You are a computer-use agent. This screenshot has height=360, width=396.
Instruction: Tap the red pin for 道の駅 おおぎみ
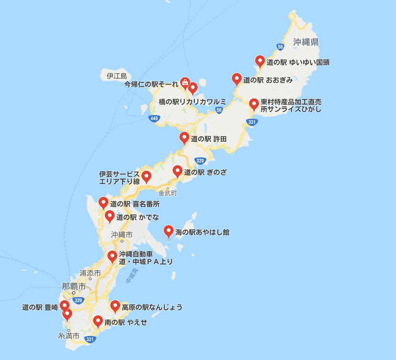coord(237,79)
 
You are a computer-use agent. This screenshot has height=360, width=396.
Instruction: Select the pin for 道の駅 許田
coord(184,139)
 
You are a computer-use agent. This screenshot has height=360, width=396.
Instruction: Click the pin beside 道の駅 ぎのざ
coord(178,171)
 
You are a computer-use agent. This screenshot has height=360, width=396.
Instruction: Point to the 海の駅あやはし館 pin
coord(169,232)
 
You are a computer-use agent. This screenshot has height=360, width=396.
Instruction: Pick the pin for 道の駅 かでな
coord(110,217)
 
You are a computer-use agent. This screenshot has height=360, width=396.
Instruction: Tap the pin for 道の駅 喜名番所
coord(103,203)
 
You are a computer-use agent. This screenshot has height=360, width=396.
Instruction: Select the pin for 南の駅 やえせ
coord(98,322)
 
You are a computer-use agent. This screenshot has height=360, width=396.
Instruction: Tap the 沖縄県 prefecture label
coord(306,42)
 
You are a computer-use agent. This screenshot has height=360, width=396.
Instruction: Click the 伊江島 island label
coord(116,76)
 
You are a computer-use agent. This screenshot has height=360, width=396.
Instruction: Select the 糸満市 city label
coord(68,336)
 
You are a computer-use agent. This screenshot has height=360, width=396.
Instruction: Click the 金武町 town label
coord(168,193)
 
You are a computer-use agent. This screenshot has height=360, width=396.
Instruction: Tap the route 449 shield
coord(154,118)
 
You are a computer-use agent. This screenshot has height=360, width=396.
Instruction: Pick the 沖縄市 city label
coord(122,235)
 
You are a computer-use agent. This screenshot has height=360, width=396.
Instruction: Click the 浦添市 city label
coord(90,273)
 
